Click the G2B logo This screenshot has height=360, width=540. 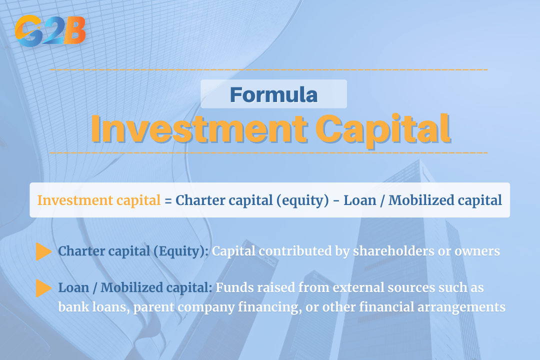pyautogui.click(x=50, y=31)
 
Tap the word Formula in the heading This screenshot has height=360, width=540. pyautogui.click(x=273, y=94)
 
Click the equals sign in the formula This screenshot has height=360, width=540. pyautogui.click(x=168, y=200)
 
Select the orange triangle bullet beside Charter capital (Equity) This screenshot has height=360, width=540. pyautogui.click(x=44, y=252)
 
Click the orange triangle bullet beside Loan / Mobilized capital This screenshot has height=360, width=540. pyautogui.click(x=44, y=288)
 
